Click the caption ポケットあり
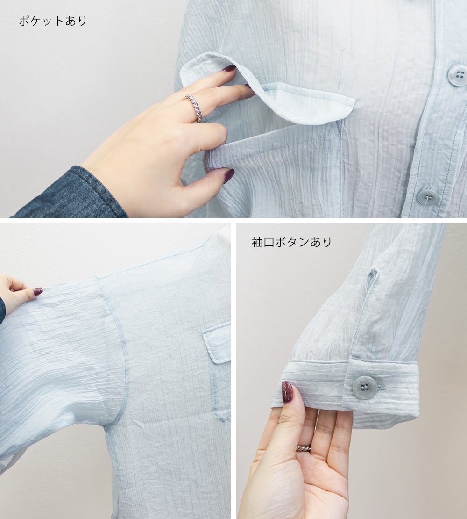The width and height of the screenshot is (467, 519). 53,21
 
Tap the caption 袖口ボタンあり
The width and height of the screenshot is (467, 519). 291,242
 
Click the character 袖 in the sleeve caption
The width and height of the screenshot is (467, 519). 257,242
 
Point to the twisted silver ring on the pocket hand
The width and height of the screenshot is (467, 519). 194,108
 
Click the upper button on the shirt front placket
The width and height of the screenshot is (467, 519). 457,75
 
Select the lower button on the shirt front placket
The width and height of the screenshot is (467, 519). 428,196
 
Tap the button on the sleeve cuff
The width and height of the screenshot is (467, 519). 365,387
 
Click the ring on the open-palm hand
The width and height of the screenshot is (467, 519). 304,448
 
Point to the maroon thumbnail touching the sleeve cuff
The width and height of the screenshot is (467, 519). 287,392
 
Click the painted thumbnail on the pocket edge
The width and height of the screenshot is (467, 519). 228,175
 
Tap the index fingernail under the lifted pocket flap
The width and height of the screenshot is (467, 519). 229,68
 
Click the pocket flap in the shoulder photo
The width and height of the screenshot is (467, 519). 217,342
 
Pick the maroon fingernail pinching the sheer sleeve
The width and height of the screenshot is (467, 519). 38,291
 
